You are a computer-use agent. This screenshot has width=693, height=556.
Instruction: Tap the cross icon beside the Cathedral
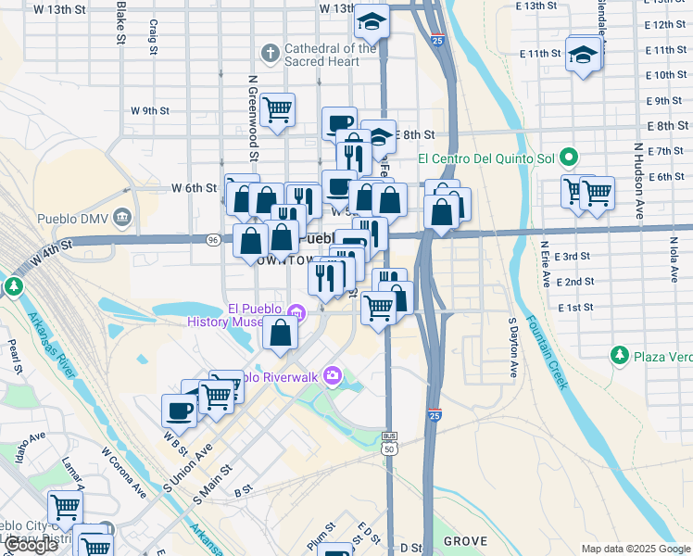pos(271,52)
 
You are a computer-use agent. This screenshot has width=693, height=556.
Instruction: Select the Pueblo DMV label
pos(73,219)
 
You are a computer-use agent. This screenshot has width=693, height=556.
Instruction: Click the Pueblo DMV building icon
pos(123,219)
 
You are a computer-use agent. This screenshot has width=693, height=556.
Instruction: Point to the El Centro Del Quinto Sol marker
pos(570,158)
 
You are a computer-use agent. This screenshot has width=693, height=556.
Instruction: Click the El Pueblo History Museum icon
pos(296,311)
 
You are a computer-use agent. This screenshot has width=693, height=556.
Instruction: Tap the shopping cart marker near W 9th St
pos(277,110)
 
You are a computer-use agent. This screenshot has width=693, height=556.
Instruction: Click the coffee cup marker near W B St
pos(179,410)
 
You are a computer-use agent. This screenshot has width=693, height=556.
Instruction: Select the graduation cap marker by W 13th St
pos(372,19)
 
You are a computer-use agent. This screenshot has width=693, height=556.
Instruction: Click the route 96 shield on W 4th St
pos(213,240)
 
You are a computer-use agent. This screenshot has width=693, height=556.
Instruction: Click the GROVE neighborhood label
pos(465,540)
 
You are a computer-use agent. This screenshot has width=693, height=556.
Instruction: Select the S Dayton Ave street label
pos(511,348)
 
